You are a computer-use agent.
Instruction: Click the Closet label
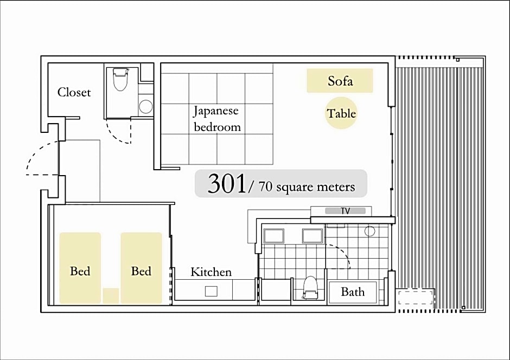tap(74, 92)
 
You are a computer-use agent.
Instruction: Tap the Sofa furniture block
tap(340, 81)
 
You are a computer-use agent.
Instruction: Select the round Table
tap(341, 113)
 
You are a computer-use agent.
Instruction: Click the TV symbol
tap(345, 211)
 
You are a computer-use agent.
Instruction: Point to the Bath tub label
tap(353, 292)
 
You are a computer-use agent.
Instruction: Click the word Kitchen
tap(211, 272)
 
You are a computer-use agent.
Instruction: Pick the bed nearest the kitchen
tap(141, 268)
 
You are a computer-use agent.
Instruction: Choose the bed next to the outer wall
tap(80, 268)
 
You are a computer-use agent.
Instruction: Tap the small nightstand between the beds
tap(111, 295)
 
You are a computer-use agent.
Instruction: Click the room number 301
tap(227, 184)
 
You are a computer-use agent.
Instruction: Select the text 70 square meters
tap(307, 187)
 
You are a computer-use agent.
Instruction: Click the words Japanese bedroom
tap(217, 119)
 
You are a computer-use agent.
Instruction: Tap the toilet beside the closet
tap(120, 79)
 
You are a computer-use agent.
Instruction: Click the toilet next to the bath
tap(310, 287)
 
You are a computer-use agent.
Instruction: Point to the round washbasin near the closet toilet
tap(146, 107)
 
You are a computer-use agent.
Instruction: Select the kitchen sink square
tap(211, 291)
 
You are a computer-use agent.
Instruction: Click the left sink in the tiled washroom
tap(274, 236)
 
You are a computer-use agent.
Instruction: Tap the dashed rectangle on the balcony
tap(416, 298)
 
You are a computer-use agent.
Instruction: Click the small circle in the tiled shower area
tap(370, 231)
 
